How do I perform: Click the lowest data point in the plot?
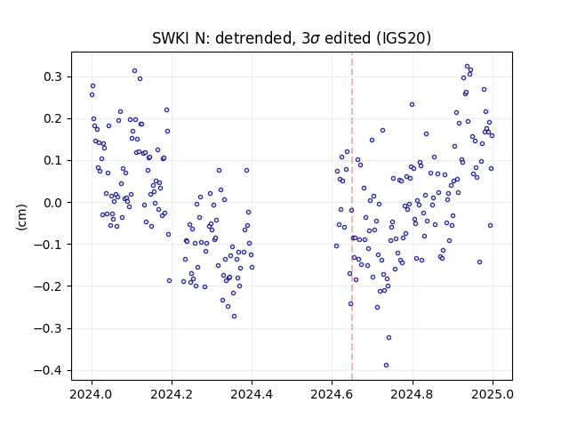pos(386,366)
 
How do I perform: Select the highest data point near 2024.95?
pos(467,67)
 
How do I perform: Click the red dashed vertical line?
pos(352,216)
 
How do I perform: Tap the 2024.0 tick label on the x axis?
pos(92,394)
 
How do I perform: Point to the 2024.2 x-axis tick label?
pos(172,394)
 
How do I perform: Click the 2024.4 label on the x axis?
pos(252,394)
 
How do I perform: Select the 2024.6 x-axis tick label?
pos(332,394)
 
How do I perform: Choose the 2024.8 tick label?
pos(412,394)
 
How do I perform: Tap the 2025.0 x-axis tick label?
pos(493,394)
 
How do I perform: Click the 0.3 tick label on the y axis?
pos(52,77)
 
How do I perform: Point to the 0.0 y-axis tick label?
pos(52,203)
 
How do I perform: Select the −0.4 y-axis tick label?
pos(48,370)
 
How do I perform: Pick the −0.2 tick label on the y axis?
pos(48,286)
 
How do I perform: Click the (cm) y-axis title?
pos(21,217)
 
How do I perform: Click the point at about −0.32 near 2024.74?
pos(389,338)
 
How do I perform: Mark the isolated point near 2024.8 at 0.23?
pos(412,105)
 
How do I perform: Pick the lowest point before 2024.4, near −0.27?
pos(234,317)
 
